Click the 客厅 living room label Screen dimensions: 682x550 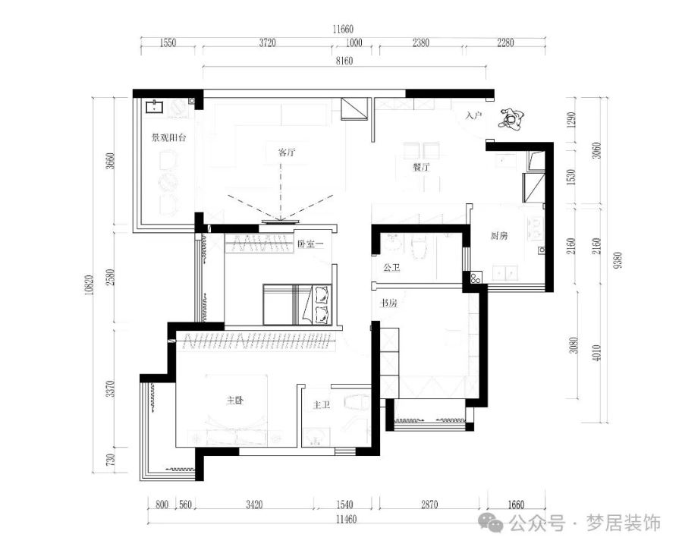pyautogui.click(x=287, y=152)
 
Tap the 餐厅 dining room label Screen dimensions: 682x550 pyautogui.click(x=421, y=167)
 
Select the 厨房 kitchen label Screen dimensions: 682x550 pyautogui.click(x=499, y=236)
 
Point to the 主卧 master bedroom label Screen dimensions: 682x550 pyautogui.click(x=234, y=400)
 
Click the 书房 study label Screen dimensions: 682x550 pyautogui.click(x=388, y=303)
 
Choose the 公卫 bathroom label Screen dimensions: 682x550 pyautogui.click(x=391, y=268)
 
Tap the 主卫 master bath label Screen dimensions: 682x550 pyautogui.click(x=322, y=405)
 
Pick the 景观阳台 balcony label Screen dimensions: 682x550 pyautogui.click(x=168, y=138)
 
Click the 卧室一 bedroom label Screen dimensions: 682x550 pyautogui.click(x=310, y=244)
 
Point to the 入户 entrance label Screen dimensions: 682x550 pyautogui.click(x=473, y=115)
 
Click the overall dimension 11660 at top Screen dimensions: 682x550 pyautogui.click(x=343, y=30)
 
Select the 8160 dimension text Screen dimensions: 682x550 pyautogui.click(x=344, y=61)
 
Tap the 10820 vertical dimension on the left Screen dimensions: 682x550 pyautogui.click(x=90, y=285)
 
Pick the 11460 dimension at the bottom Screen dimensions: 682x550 pyautogui.click(x=346, y=519)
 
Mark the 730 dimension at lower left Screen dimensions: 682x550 pyautogui.click(x=111, y=460)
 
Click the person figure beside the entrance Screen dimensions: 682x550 pyautogui.click(x=512, y=119)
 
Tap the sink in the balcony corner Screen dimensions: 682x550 pyautogui.click(x=155, y=106)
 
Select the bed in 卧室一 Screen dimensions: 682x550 pyautogui.click(x=297, y=304)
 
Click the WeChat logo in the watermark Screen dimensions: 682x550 pyautogui.click(x=491, y=522)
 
